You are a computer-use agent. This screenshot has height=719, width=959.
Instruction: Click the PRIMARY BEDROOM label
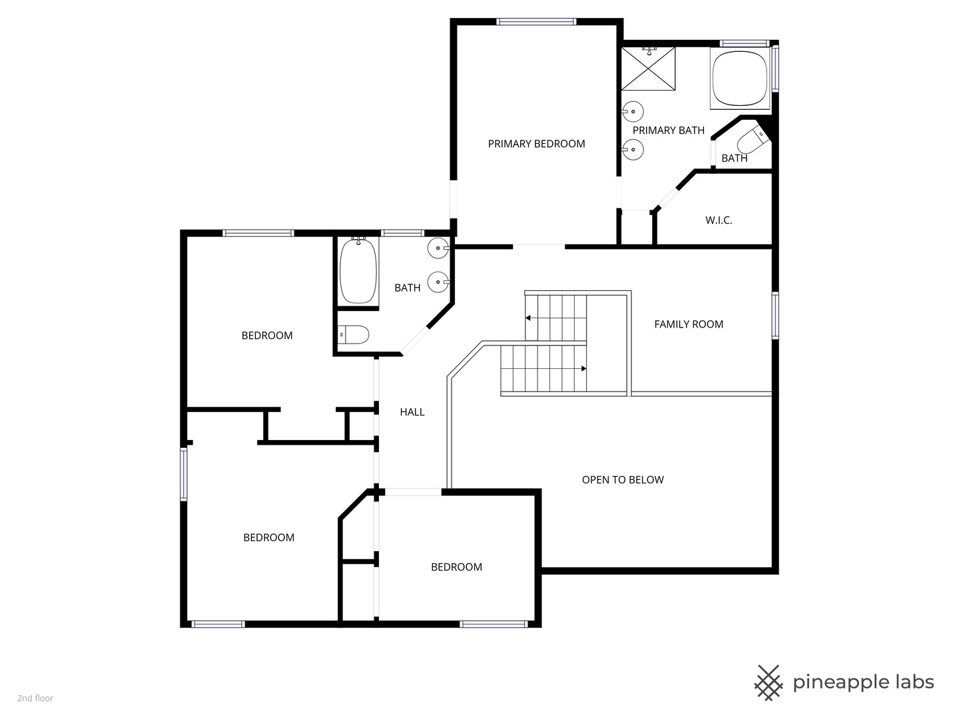point(536,144)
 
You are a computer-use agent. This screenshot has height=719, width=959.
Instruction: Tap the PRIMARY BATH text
point(668,130)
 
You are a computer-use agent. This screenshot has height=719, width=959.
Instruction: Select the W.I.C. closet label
point(719,220)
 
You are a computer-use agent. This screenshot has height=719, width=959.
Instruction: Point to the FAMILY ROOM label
point(688,324)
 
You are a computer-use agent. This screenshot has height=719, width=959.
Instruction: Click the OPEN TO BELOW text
point(623,480)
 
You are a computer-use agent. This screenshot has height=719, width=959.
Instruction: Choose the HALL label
point(412,412)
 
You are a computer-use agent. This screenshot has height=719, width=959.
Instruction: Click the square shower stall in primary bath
point(648,68)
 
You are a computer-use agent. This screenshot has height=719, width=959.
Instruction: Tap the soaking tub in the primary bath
point(739,79)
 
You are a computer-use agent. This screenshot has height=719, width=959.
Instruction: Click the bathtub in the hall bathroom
point(358,272)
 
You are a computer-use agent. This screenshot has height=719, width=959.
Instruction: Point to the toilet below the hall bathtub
point(354,334)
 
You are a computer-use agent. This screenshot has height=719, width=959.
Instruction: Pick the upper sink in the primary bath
point(633,111)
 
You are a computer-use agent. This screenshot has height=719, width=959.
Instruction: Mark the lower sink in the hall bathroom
point(438,282)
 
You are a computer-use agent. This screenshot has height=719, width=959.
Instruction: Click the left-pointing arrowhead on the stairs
point(528,318)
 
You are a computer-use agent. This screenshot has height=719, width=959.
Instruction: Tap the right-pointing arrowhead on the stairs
point(583,368)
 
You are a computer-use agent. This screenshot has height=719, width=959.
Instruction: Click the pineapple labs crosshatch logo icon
point(768,682)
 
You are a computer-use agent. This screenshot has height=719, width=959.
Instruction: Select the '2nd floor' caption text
point(35,698)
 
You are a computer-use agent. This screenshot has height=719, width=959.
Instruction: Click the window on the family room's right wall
point(775,315)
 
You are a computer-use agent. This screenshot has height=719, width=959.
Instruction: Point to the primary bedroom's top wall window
point(536,22)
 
